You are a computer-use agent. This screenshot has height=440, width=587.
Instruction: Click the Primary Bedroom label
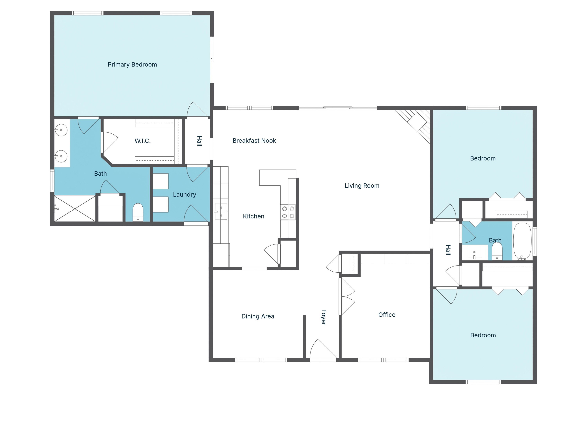pos(132,65)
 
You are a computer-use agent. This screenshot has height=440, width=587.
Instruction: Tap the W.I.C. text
pos(142,141)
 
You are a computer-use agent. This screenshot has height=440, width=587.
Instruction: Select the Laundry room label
pos(185,194)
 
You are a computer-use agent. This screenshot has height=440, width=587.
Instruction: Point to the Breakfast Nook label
pos(254,141)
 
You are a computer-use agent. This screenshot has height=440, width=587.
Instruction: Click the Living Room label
pos(362,186)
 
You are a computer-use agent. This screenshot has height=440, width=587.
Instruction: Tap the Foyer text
pos(323,317)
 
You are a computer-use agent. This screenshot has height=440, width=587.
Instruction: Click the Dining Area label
pos(258,316)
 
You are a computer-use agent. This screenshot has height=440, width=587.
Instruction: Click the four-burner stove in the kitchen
pos(288,212)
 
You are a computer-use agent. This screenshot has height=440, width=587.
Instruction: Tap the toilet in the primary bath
pos(138,212)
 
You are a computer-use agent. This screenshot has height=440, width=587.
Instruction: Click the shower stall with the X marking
pos(75,209)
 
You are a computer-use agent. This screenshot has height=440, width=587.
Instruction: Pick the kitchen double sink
pos(221,211)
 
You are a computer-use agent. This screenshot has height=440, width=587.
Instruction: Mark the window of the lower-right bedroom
pos(483,382)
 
